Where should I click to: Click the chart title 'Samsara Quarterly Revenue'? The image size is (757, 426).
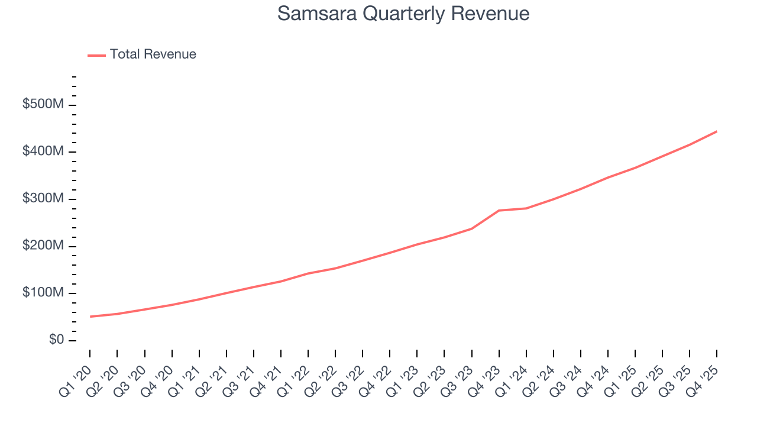(403, 14)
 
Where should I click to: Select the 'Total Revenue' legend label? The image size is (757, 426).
(153, 54)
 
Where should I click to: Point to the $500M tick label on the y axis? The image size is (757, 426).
(43, 105)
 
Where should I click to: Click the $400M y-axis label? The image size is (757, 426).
(43, 151)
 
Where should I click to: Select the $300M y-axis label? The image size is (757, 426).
(43, 199)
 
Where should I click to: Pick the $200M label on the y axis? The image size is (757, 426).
(43, 246)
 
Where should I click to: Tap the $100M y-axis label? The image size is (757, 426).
(43, 293)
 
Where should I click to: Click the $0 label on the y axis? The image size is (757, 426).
(56, 340)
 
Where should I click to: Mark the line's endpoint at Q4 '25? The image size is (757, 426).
(717, 131)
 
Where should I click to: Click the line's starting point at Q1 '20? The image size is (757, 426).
(90, 317)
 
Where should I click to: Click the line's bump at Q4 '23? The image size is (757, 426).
(499, 211)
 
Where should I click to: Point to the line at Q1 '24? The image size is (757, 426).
(526, 208)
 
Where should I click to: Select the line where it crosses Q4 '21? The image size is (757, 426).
(280, 282)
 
